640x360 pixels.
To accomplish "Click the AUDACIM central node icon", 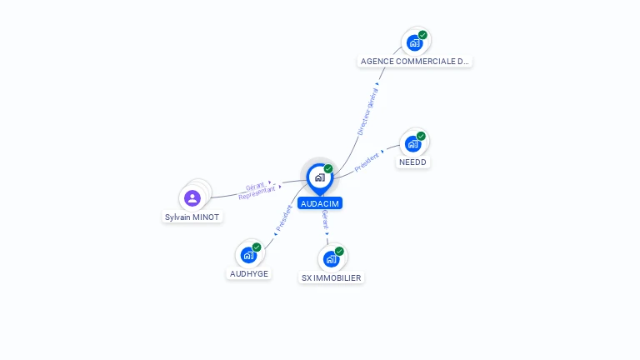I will tap(319, 177).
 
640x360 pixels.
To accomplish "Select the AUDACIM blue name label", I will tap(320, 203).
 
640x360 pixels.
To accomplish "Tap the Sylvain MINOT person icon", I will tap(192, 197).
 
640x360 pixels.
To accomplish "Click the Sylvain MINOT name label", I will tap(193, 217).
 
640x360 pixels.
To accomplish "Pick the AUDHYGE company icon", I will tap(248, 254).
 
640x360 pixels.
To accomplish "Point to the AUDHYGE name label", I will tap(249, 273).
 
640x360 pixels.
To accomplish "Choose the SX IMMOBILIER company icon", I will tap(332, 258).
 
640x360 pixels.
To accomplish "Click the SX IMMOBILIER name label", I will tap(332, 277).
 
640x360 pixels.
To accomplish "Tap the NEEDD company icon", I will tap(412, 143).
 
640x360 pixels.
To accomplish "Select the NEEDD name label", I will tap(412, 162).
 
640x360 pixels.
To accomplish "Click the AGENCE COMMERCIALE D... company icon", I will tap(414, 42).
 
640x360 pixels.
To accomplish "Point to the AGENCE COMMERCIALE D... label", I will tap(415, 61).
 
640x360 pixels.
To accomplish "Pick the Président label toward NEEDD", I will tap(367, 162).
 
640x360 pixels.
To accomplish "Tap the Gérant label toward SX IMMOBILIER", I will tap(326, 221).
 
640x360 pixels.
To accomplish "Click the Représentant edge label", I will tap(257, 193).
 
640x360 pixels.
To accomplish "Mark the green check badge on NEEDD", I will tap(421, 136).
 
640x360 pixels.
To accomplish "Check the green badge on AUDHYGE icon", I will tap(257, 247).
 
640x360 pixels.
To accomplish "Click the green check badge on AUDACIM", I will tap(328, 168).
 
